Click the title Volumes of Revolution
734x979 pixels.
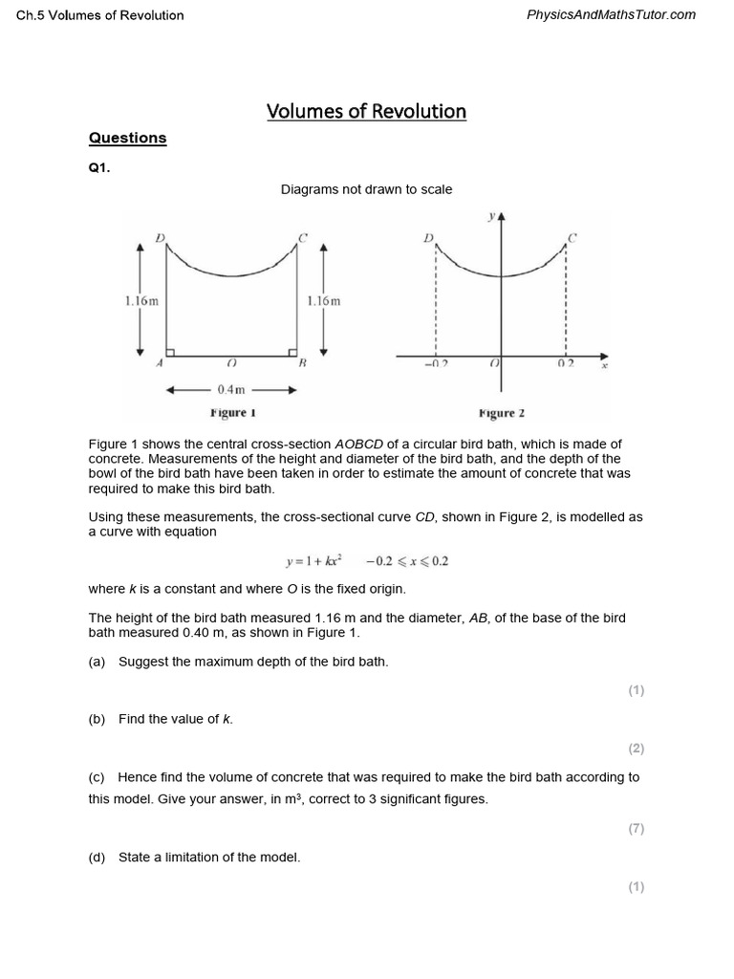[x=366, y=111]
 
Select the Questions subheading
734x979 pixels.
[x=127, y=138]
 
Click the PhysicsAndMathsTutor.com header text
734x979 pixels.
[x=611, y=14]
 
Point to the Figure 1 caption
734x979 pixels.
[x=233, y=413]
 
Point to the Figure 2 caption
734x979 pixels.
[x=501, y=413]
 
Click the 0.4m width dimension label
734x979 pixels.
[x=231, y=390]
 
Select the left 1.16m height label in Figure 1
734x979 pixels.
[x=141, y=300]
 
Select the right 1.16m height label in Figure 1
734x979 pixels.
[x=323, y=300]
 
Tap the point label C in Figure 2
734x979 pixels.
[x=572, y=237]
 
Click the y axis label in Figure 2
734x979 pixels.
[x=490, y=216]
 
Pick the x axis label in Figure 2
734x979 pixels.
[x=604, y=364]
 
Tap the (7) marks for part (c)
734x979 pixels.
[x=637, y=829]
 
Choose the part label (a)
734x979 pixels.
[x=97, y=662]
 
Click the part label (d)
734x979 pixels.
[x=97, y=858]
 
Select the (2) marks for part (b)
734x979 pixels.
[x=637, y=749]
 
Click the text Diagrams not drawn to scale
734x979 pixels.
[x=366, y=189]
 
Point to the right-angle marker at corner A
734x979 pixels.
[x=170, y=351]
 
